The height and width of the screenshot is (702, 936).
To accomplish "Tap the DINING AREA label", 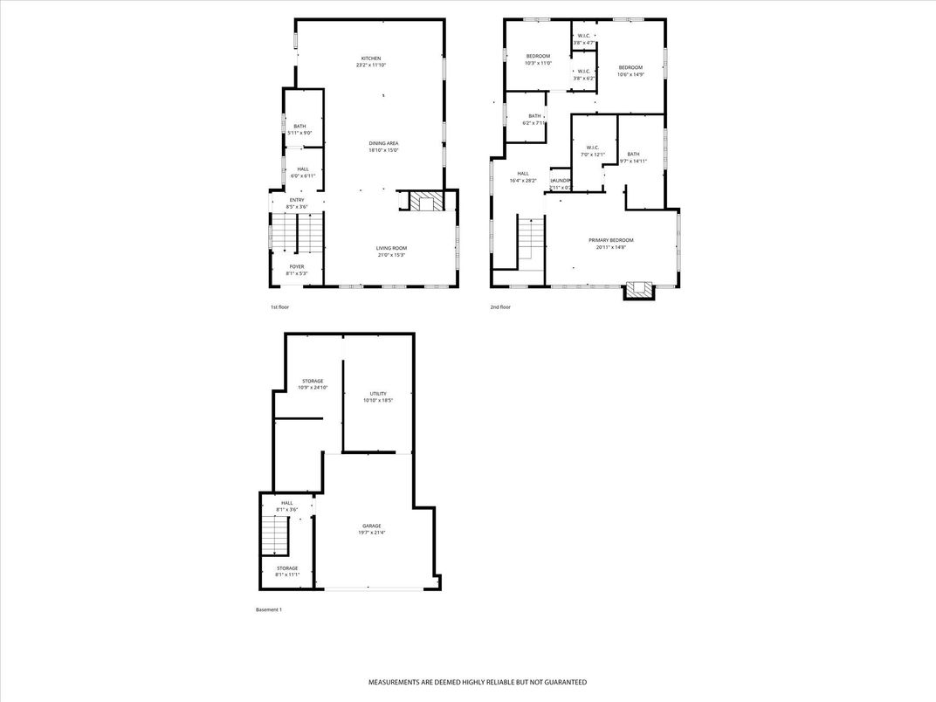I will pyautogui.click(x=383, y=143).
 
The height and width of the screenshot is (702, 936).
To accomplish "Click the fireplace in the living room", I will pyautogui.click(x=428, y=203).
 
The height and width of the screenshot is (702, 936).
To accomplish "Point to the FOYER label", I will pyautogui.click(x=297, y=266).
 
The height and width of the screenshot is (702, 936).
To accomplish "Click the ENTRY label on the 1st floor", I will pyautogui.click(x=297, y=200).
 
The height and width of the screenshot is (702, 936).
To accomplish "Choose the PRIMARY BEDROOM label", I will pyautogui.click(x=610, y=240).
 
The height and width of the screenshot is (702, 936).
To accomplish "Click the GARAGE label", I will pyautogui.click(x=371, y=526).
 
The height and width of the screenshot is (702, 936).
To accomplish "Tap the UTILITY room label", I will pyautogui.click(x=377, y=394).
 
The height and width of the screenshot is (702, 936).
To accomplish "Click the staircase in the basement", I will pyautogui.click(x=275, y=534).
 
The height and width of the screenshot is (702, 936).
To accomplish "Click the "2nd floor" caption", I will pyautogui.click(x=500, y=307).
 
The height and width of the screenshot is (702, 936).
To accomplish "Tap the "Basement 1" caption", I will pyautogui.click(x=268, y=609).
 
